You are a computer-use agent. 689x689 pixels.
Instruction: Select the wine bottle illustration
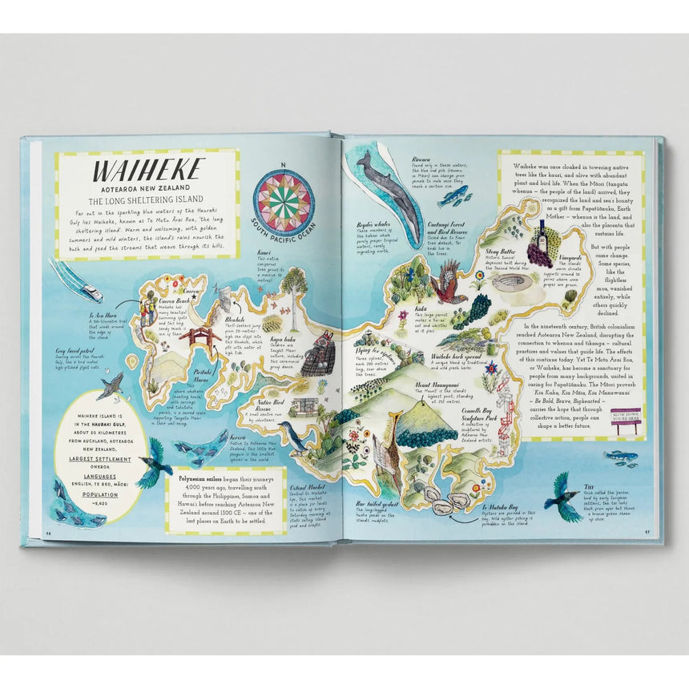(541, 234)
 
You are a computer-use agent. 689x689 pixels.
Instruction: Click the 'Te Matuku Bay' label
(500, 507)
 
